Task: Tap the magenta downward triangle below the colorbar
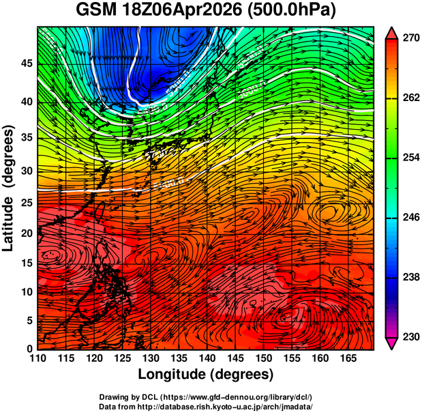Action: [392, 343]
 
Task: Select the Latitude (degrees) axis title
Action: [10, 188]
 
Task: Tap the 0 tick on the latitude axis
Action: [31, 349]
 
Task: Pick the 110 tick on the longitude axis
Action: [37, 358]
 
